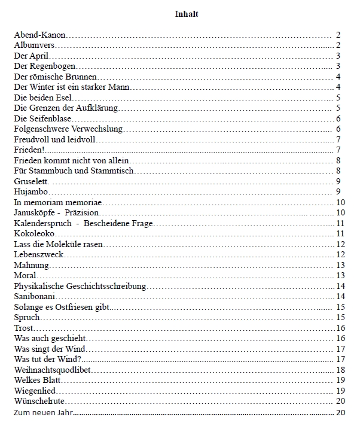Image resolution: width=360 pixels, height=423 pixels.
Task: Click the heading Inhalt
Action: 187,14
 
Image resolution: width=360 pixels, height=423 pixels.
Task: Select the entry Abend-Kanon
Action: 39,35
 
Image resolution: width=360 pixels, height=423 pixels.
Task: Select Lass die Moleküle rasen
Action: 59,244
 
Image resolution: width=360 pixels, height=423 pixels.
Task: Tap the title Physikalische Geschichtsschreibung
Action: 80,286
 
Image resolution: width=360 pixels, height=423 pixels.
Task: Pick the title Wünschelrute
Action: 39,401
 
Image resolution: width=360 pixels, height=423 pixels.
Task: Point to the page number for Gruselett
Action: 338,181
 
